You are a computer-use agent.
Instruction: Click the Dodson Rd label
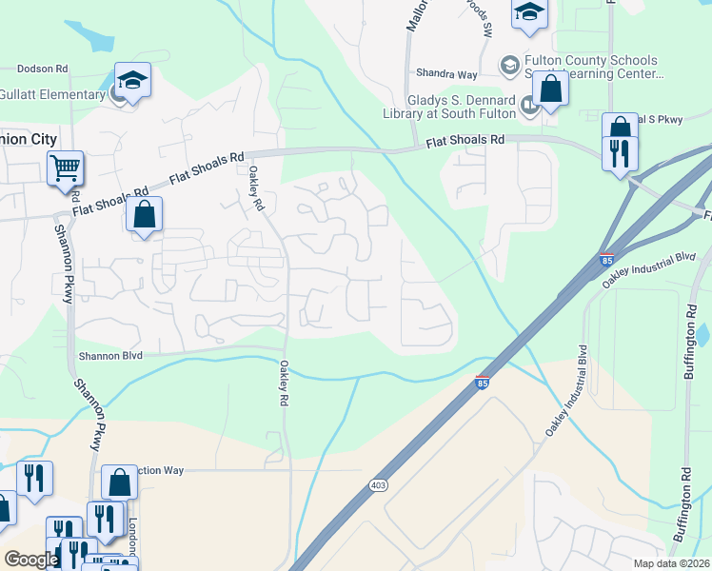[x=43, y=69]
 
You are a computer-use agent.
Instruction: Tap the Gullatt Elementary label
[x=52, y=94]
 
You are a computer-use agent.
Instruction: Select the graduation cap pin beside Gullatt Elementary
[x=133, y=81]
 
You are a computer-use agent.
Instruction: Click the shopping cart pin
[x=66, y=168]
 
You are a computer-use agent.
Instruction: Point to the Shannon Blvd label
[x=109, y=355]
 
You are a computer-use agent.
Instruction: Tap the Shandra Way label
[x=445, y=73]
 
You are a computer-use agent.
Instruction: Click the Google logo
[x=31, y=560]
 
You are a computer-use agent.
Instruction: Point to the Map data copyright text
[x=672, y=563]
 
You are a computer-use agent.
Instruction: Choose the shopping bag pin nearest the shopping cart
[x=144, y=214]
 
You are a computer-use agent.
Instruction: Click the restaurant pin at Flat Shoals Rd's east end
[x=620, y=153]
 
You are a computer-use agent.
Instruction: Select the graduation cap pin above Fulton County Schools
[x=529, y=12]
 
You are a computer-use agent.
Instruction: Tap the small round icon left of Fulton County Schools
[x=509, y=65]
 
